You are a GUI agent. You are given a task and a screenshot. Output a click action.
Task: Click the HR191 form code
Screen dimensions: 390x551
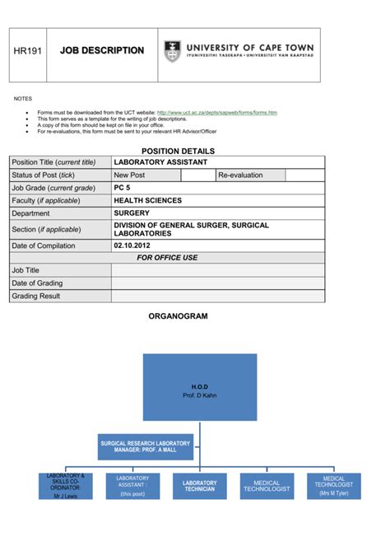[27, 51]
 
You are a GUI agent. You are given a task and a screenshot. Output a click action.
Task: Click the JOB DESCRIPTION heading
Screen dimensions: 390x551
[102, 51]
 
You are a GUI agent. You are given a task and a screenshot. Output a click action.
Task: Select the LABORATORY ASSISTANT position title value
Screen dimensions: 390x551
[160, 162]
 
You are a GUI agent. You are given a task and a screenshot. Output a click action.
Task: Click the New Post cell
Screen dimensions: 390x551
[129, 175]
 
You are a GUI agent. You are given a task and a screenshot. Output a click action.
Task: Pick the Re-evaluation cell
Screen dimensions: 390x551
[240, 175]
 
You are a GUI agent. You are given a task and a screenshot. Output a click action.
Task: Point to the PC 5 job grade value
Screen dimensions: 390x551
[123, 188]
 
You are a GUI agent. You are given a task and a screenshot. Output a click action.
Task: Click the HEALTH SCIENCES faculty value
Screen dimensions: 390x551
[148, 201]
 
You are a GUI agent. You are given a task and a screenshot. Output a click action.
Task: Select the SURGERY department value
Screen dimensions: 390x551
[132, 213]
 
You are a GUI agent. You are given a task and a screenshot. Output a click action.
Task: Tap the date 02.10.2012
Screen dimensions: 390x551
[132, 245]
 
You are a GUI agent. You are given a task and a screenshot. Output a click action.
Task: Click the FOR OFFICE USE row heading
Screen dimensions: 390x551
[167, 258]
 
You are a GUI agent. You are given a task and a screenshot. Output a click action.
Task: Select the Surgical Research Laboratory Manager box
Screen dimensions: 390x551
[146, 446]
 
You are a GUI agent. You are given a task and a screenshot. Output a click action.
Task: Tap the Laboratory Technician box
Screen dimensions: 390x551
[199, 486]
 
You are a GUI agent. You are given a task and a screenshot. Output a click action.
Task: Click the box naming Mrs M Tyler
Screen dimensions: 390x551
[333, 486]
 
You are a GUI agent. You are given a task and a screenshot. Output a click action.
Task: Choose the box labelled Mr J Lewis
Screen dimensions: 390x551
[65, 486]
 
